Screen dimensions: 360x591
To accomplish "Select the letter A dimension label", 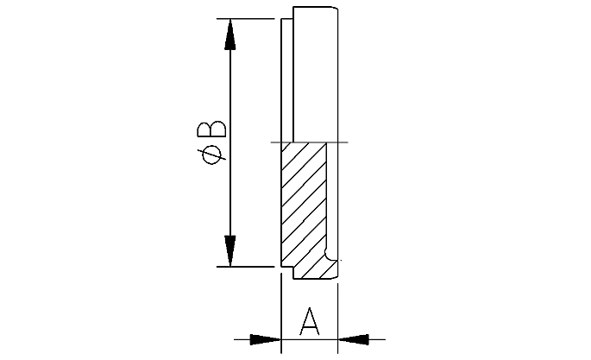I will [309, 321].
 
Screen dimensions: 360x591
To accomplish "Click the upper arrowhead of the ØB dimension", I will [230, 35].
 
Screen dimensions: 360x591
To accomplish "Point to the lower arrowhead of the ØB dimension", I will [230, 250].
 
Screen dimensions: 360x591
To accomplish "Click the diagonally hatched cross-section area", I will [303, 207].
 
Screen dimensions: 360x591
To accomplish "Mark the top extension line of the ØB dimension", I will [250, 18].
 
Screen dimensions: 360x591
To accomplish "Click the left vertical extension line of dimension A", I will [281, 311].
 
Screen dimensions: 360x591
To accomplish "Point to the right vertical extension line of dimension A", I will [338, 311].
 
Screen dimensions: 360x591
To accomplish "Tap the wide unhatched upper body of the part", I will [315, 78].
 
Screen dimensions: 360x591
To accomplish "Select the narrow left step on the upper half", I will [287, 82].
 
